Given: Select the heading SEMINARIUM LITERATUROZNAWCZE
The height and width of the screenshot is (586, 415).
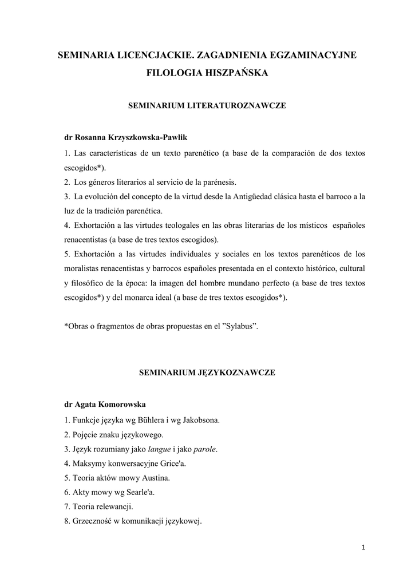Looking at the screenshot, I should point(207,106).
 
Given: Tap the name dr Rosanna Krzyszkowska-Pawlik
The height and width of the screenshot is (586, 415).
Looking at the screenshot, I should point(125,138).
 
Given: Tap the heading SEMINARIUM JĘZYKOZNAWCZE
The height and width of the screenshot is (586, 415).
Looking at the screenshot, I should point(207,373).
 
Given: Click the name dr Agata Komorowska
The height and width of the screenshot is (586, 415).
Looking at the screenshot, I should point(105,404).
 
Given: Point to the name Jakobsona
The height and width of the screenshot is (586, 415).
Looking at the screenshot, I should point(199,420).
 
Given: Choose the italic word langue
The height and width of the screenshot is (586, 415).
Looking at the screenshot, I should point(159,449).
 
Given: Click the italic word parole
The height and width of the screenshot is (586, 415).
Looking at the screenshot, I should point(205,449).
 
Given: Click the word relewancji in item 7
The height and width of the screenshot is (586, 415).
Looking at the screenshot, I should point(115,506).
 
